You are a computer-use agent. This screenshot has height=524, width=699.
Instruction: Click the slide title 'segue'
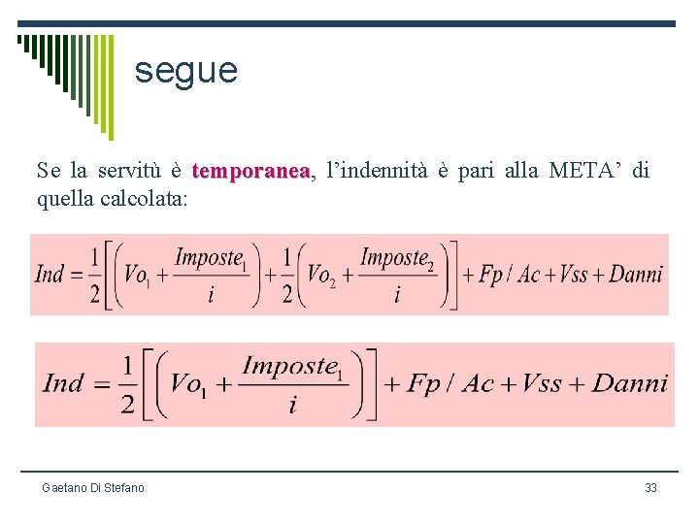[x=185, y=71]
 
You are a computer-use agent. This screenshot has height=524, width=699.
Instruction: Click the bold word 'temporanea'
[x=250, y=172]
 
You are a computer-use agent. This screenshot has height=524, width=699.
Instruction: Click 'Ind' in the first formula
[x=50, y=274]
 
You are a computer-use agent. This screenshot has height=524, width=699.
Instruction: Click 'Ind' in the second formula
[x=63, y=382]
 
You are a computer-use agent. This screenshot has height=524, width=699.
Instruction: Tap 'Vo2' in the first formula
[x=319, y=274]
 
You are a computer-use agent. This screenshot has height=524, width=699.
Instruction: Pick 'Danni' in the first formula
[x=635, y=274]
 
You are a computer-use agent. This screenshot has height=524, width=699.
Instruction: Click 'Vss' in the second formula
[x=542, y=382]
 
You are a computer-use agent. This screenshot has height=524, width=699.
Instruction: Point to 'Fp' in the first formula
[x=491, y=274]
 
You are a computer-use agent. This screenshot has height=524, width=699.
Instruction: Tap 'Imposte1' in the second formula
[x=290, y=367]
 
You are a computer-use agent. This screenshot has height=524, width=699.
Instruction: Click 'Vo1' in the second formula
[x=189, y=382]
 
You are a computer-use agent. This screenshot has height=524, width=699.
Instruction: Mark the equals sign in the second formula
[x=97, y=382]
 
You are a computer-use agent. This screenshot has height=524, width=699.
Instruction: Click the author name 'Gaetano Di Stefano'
[x=93, y=487]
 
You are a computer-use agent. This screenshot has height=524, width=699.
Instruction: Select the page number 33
[x=650, y=487]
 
